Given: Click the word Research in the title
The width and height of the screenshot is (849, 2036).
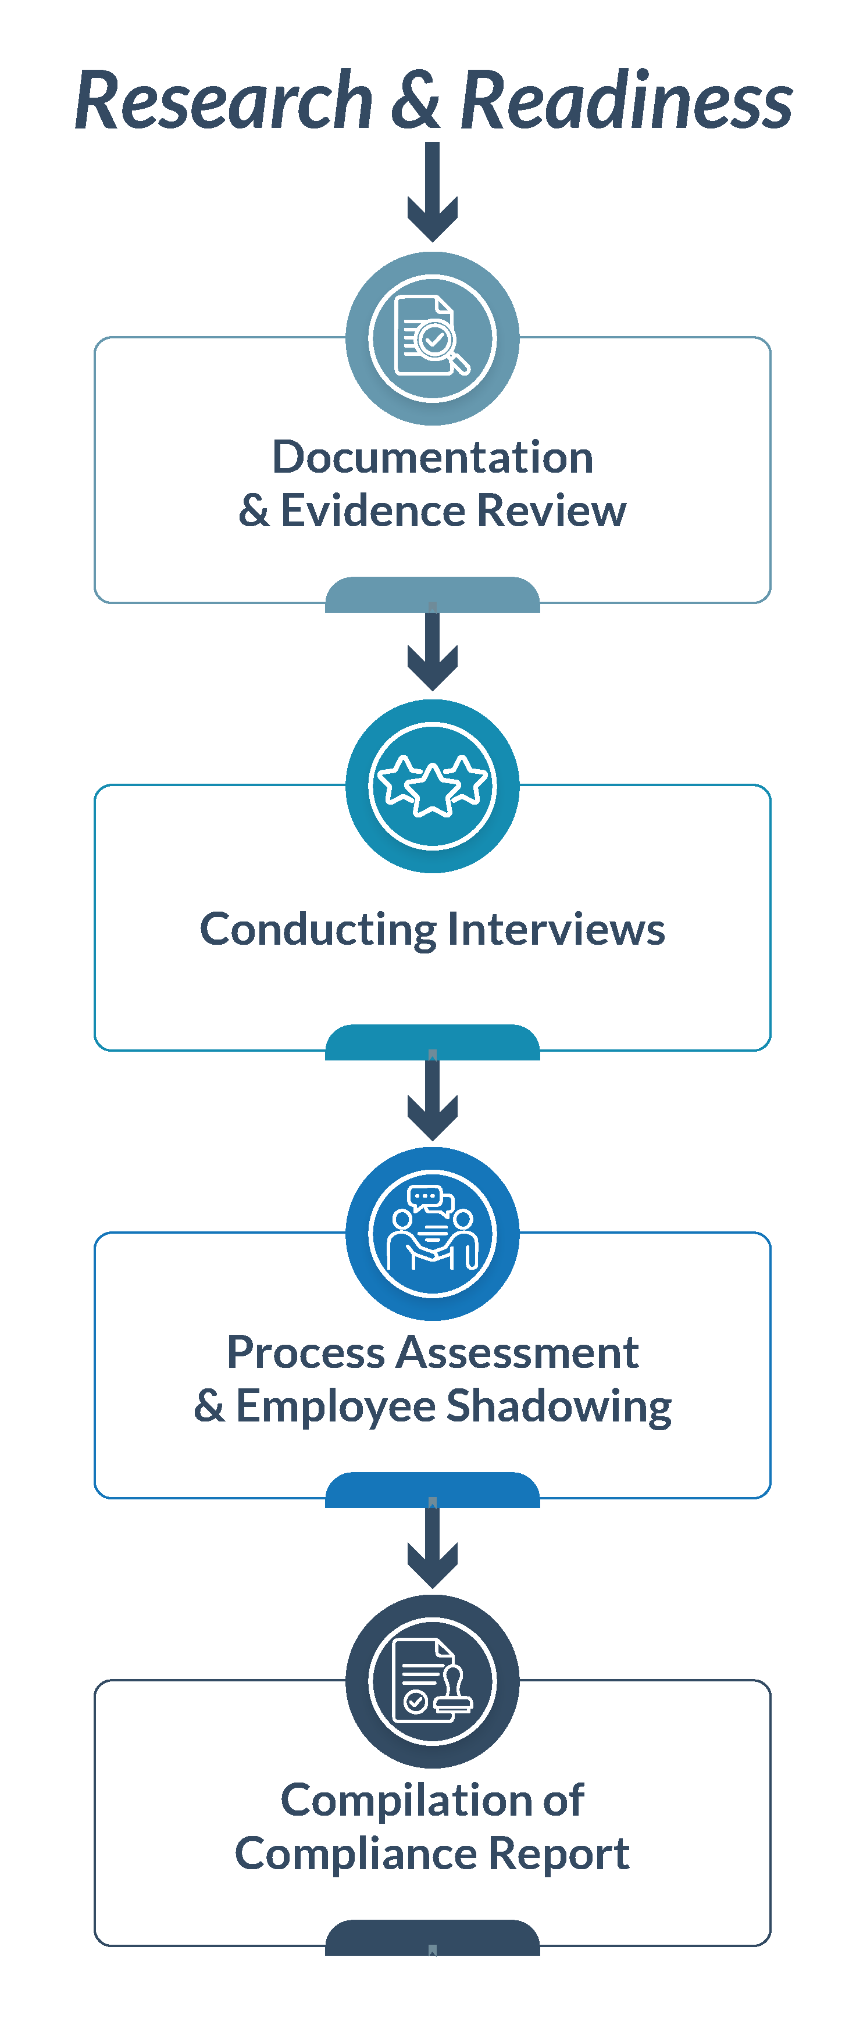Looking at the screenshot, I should (224, 101).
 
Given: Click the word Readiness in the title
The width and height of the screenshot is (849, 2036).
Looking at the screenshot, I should (626, 101).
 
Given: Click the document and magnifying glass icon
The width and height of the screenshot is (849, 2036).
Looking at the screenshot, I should (433, 338).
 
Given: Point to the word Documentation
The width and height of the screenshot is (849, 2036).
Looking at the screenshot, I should (433, 458).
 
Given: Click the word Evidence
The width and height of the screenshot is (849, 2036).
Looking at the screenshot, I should (372, 510).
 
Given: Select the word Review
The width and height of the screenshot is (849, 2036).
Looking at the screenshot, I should (552, 510).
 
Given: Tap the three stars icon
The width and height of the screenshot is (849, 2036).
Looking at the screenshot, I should (433, 785).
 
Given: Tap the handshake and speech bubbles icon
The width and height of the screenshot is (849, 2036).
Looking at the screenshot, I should (433, 1233).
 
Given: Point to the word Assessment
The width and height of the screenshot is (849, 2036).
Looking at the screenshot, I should (518, 1352).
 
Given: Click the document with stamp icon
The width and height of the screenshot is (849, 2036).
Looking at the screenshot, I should (433, 1681).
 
